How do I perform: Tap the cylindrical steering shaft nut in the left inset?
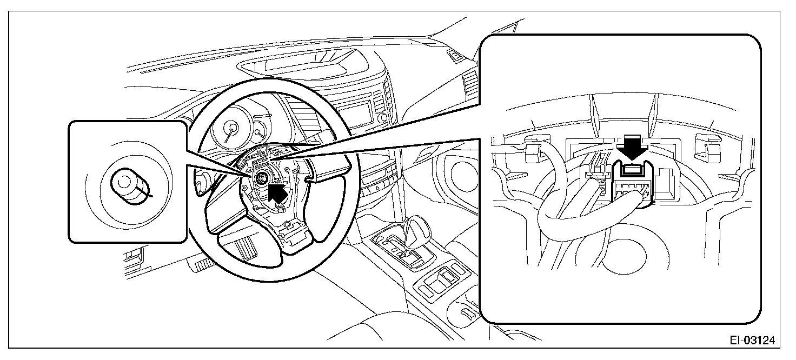[x=129, y=187]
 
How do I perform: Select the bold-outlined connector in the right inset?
[x=633, y=186]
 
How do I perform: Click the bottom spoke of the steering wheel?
[x=295, y=238]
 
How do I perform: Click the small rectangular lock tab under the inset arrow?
[x=632, y=172]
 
